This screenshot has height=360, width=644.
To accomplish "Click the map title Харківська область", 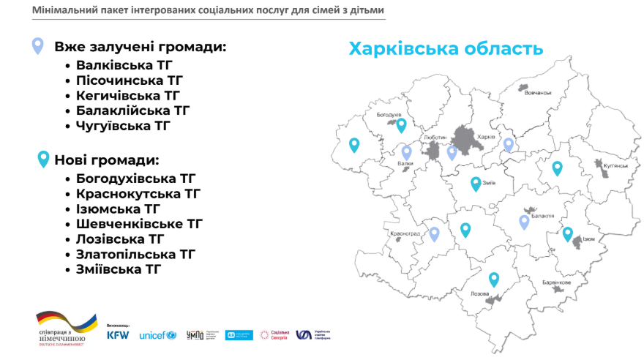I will point(445,49).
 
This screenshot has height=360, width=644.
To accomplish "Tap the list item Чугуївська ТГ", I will point(122,126).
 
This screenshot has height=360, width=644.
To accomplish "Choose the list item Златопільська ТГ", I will point(135,254).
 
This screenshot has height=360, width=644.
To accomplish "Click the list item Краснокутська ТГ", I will point(138,193).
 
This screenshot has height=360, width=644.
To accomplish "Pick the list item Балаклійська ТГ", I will point(132,110).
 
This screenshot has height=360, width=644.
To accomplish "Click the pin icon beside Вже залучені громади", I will point(37,46).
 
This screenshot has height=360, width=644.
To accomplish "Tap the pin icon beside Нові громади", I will point(43,159).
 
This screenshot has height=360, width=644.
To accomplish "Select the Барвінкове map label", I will point(556,282).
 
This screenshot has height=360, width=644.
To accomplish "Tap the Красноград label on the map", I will point(405,233).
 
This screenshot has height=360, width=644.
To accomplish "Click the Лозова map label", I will point(480,293).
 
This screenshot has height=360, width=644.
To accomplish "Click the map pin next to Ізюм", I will point(567,234).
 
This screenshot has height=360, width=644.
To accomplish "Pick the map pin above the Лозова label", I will point(494,279).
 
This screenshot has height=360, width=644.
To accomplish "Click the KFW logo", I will point(118,334).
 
